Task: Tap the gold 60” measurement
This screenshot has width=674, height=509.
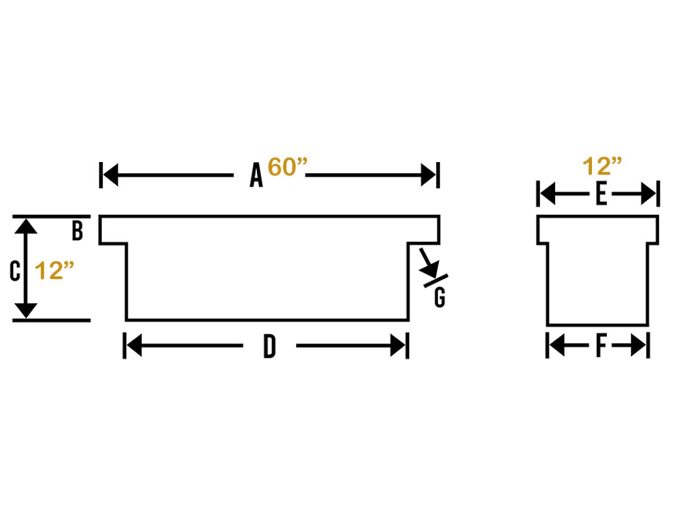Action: (x=288, y=167)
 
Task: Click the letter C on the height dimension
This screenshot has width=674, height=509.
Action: (x=15, y=271)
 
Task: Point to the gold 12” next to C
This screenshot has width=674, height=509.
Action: (x=54, y=270)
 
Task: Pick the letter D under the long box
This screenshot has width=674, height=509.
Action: (x=270, y=346)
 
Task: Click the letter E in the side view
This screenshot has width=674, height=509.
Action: (x=602, y=194)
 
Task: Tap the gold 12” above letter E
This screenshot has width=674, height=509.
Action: (x=602, y=166)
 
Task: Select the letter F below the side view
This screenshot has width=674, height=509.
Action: (x=601, y=346)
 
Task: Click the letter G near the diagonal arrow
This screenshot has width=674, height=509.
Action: (x=440, y=298)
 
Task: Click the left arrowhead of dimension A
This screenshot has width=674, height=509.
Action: (x=111, y=175)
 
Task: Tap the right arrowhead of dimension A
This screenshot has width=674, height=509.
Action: (x=428, y=175)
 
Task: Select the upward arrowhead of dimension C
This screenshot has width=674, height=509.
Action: (x=26, y=226)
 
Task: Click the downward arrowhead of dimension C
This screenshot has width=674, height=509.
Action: (x=26, y=310)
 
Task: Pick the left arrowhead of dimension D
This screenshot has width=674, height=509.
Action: (x=134, y=346)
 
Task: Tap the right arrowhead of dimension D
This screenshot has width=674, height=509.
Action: (x=398, y=346)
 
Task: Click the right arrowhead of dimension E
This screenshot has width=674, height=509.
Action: (x=648, y=194)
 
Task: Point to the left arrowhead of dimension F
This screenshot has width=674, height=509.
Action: (x=557, y=346)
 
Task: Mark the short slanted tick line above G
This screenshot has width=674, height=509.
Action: (x=436, y=280)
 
